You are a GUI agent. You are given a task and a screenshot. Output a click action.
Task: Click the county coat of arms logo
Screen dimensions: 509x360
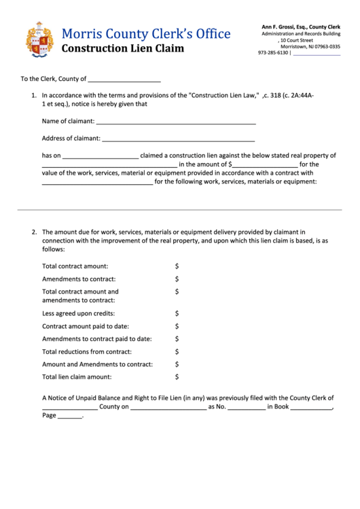coord(39,39)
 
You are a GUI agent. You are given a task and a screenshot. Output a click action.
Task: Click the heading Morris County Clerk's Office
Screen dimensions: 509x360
coord(146,34)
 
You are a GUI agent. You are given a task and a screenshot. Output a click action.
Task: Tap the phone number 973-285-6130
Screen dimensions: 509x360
coord(273,53)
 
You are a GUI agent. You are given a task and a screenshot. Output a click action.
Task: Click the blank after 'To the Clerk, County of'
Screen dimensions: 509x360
coord(125,80)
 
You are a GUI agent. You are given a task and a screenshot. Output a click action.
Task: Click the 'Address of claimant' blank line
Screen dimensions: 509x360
coord(178,139)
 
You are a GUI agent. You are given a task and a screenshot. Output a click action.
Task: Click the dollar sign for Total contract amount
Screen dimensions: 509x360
coord(177,266)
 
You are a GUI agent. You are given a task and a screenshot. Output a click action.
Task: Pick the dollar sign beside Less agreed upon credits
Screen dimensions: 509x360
coord(177,314)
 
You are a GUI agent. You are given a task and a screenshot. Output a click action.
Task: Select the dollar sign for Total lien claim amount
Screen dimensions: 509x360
coord(177,376)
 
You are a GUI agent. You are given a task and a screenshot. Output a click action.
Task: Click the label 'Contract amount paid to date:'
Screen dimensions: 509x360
coord(86,326)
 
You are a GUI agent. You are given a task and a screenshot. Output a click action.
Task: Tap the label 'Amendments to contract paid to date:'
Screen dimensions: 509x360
coord(97,338)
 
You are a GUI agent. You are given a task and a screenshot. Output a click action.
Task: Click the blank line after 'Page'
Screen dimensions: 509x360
coord(69,416)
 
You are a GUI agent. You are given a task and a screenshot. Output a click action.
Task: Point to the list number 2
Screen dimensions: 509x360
coord(33,232)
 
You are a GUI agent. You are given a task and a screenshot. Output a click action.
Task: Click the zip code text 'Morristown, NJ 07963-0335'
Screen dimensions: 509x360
coord(301,47)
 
